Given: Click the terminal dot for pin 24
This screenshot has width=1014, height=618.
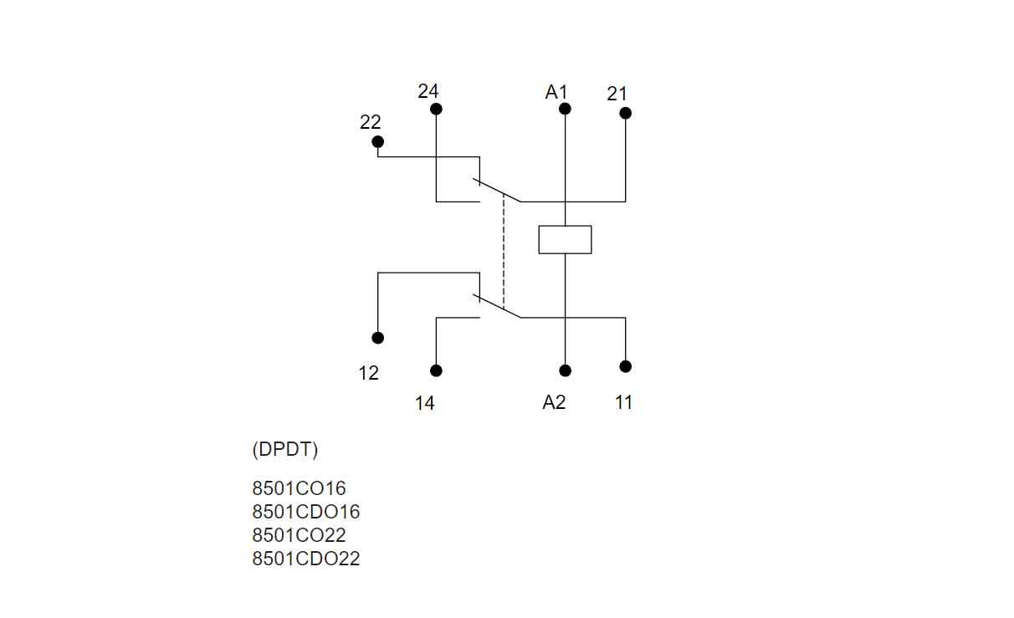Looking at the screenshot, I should tap(436, 110).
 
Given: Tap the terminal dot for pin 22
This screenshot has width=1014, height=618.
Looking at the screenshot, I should tap(377, 141).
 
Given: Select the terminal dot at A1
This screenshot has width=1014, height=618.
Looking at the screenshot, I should tap(565, 109).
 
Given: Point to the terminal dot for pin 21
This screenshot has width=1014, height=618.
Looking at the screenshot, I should tap(625, 113).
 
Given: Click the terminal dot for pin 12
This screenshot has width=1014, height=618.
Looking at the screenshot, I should tap(378, 338).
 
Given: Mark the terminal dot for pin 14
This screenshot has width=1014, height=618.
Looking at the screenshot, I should tap(436, 370).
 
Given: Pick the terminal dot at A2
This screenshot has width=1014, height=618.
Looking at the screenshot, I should tap(565, 370).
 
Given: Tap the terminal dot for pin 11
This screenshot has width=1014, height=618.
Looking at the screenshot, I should tap(625, 366).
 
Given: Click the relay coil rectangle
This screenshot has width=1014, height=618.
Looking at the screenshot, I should tap(565, 239).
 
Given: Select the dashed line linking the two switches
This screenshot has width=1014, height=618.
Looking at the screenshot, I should tap(504, 251).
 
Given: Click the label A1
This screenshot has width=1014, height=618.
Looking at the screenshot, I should tap(556, 92).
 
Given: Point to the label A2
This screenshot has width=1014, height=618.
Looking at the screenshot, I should tap(554, 402).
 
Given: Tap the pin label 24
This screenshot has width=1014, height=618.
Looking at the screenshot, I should tap(428, 91).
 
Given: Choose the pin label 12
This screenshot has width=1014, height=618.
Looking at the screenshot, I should tap(369, 373).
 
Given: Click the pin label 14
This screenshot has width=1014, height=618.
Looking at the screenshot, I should tap(425, 403).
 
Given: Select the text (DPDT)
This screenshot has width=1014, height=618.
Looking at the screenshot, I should tap(285, 449).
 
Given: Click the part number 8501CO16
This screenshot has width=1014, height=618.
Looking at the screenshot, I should tap(299, 488).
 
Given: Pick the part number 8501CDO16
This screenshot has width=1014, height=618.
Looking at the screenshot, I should tap(306, 512).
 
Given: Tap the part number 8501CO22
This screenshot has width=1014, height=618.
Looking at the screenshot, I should tap(299, 535).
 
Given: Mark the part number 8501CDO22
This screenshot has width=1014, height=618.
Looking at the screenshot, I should tap(306, 559).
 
